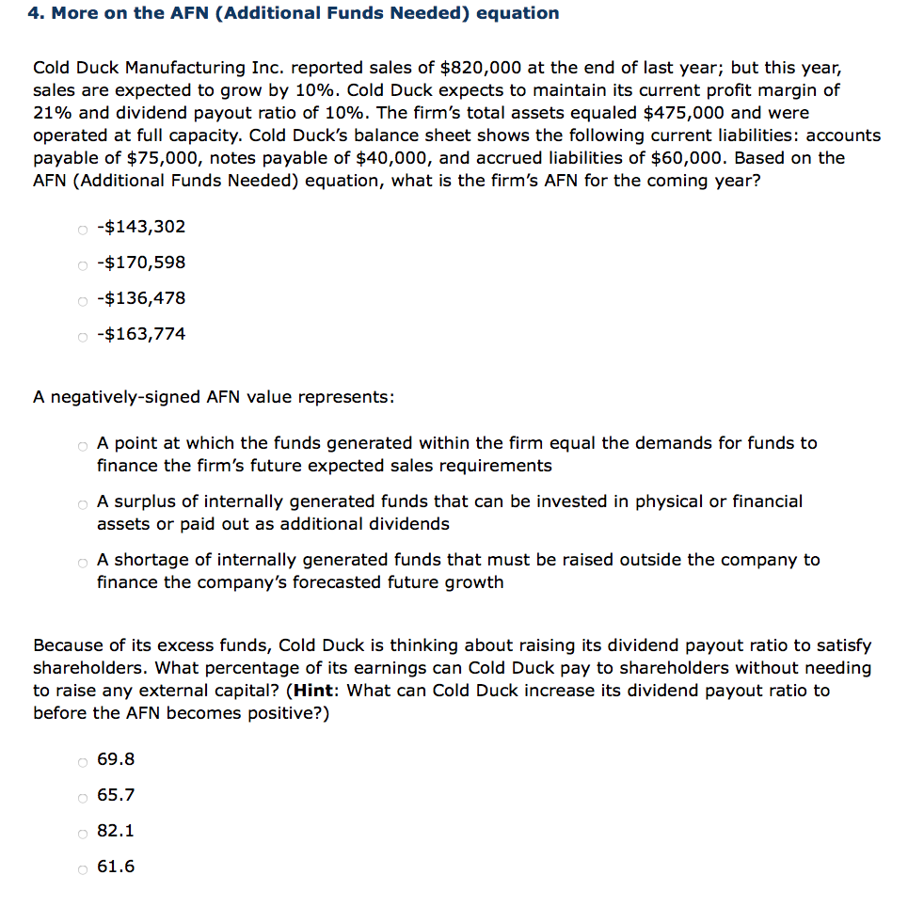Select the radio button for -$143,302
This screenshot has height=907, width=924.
(x=83, y=229)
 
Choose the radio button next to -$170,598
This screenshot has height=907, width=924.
(x=83, y=264)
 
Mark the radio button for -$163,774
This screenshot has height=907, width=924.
(x=83, y=336)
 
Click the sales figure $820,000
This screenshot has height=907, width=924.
(x=477, y=68)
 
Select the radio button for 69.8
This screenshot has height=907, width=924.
(x=83, y=761)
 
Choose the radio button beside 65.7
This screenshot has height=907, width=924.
(x=83, y=797)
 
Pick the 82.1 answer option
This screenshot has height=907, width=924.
(x=116, y=831)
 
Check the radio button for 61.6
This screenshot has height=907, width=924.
(x=83, y=868)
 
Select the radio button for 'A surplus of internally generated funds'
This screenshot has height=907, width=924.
(x=83, y=503)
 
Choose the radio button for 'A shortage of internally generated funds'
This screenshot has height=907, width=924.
(x=83, y=562)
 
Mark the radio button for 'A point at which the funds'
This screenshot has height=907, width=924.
(x=83, y=445)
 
